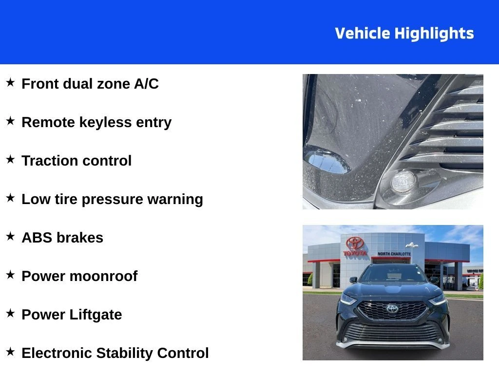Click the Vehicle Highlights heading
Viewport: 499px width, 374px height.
[404, 34]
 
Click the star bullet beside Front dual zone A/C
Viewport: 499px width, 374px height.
[10, 82]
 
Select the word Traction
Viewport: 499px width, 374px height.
[47, 161]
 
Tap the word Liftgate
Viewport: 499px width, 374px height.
[96, 315]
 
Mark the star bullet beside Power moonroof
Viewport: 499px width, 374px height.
[10, 275]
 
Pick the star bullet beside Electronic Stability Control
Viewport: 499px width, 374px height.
[10, 352]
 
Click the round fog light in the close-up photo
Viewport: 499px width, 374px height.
[403, 182]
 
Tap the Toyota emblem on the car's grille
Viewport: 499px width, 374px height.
[392, 308]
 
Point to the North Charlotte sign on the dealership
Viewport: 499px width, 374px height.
[394, 254]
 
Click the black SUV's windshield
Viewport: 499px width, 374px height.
[393, 274]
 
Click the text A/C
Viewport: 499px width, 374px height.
[146, 84]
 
